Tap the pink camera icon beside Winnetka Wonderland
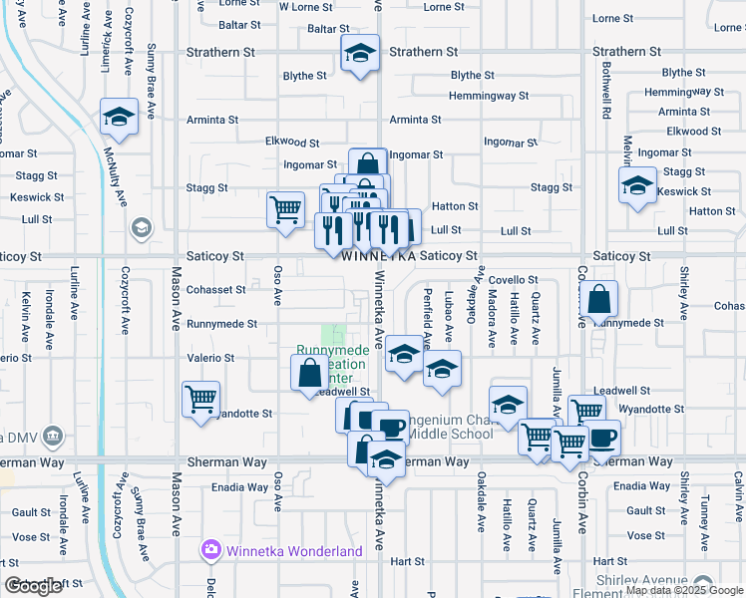[210, 550]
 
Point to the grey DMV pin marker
[54, 436]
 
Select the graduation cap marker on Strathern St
[359, 55]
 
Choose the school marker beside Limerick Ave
[119, 118]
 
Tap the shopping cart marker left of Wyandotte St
[200, 399]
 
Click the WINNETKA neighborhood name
[378, 257]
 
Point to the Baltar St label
[241, 26]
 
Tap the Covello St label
[513, 281]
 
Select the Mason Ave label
[177, 298]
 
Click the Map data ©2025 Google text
[682, 590]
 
